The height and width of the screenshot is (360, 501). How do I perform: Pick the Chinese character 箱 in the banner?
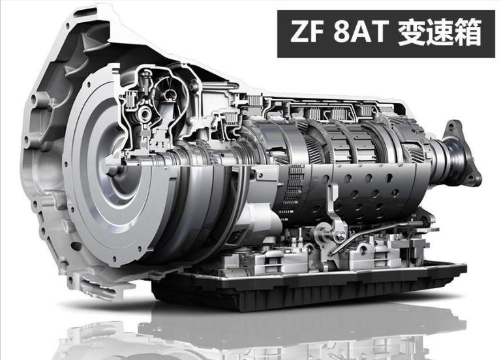(468, 33)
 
